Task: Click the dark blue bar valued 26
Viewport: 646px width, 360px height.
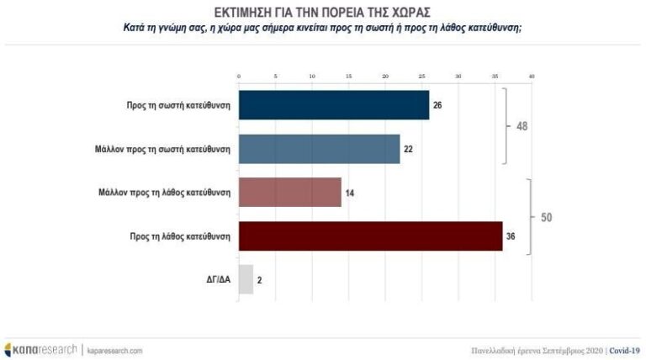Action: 334,105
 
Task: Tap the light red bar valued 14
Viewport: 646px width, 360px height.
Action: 290,193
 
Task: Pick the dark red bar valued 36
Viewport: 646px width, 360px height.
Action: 370,236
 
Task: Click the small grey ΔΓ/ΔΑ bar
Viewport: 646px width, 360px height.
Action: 246,279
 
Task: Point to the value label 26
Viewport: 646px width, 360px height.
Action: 437,106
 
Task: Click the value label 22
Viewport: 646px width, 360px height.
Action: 408,150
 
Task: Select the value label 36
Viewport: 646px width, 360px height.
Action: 511,237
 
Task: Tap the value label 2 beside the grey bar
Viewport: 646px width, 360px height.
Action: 258,280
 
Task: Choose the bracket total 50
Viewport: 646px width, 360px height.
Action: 546,217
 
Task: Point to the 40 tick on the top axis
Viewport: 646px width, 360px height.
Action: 532,77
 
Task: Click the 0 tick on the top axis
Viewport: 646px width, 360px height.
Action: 240,77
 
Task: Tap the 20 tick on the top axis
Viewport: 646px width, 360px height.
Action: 385,77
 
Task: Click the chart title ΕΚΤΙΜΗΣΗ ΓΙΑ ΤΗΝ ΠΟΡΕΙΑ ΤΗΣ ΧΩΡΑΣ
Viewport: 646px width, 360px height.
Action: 323,12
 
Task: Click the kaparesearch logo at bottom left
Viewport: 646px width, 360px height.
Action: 40,349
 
